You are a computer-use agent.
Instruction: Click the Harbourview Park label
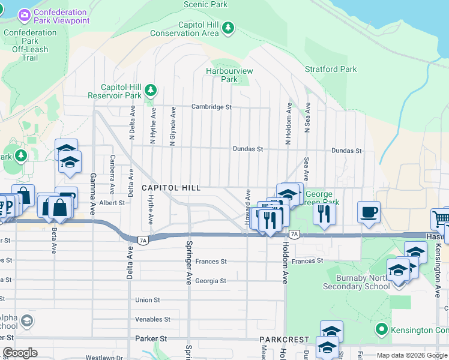[x=229, y=75]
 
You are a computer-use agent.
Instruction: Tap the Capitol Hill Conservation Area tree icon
[x=228, y=28]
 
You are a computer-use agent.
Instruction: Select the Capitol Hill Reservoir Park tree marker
[x=151, y=91]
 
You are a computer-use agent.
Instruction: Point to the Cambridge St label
[x=211, y=107]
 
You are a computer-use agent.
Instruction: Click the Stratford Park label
[x=331, y=69]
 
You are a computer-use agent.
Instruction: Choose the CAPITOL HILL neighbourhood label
[x=171, y=188]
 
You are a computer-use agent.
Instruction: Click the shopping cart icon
[x=441, y=218]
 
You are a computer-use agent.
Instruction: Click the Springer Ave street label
[x=189, y=263]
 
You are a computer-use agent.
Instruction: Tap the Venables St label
[x=154, y=319]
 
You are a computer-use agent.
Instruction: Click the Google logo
[x=20, y=353]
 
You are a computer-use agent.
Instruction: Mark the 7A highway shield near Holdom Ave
[x=294, y=234]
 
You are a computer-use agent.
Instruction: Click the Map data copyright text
[x=411, y=355]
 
